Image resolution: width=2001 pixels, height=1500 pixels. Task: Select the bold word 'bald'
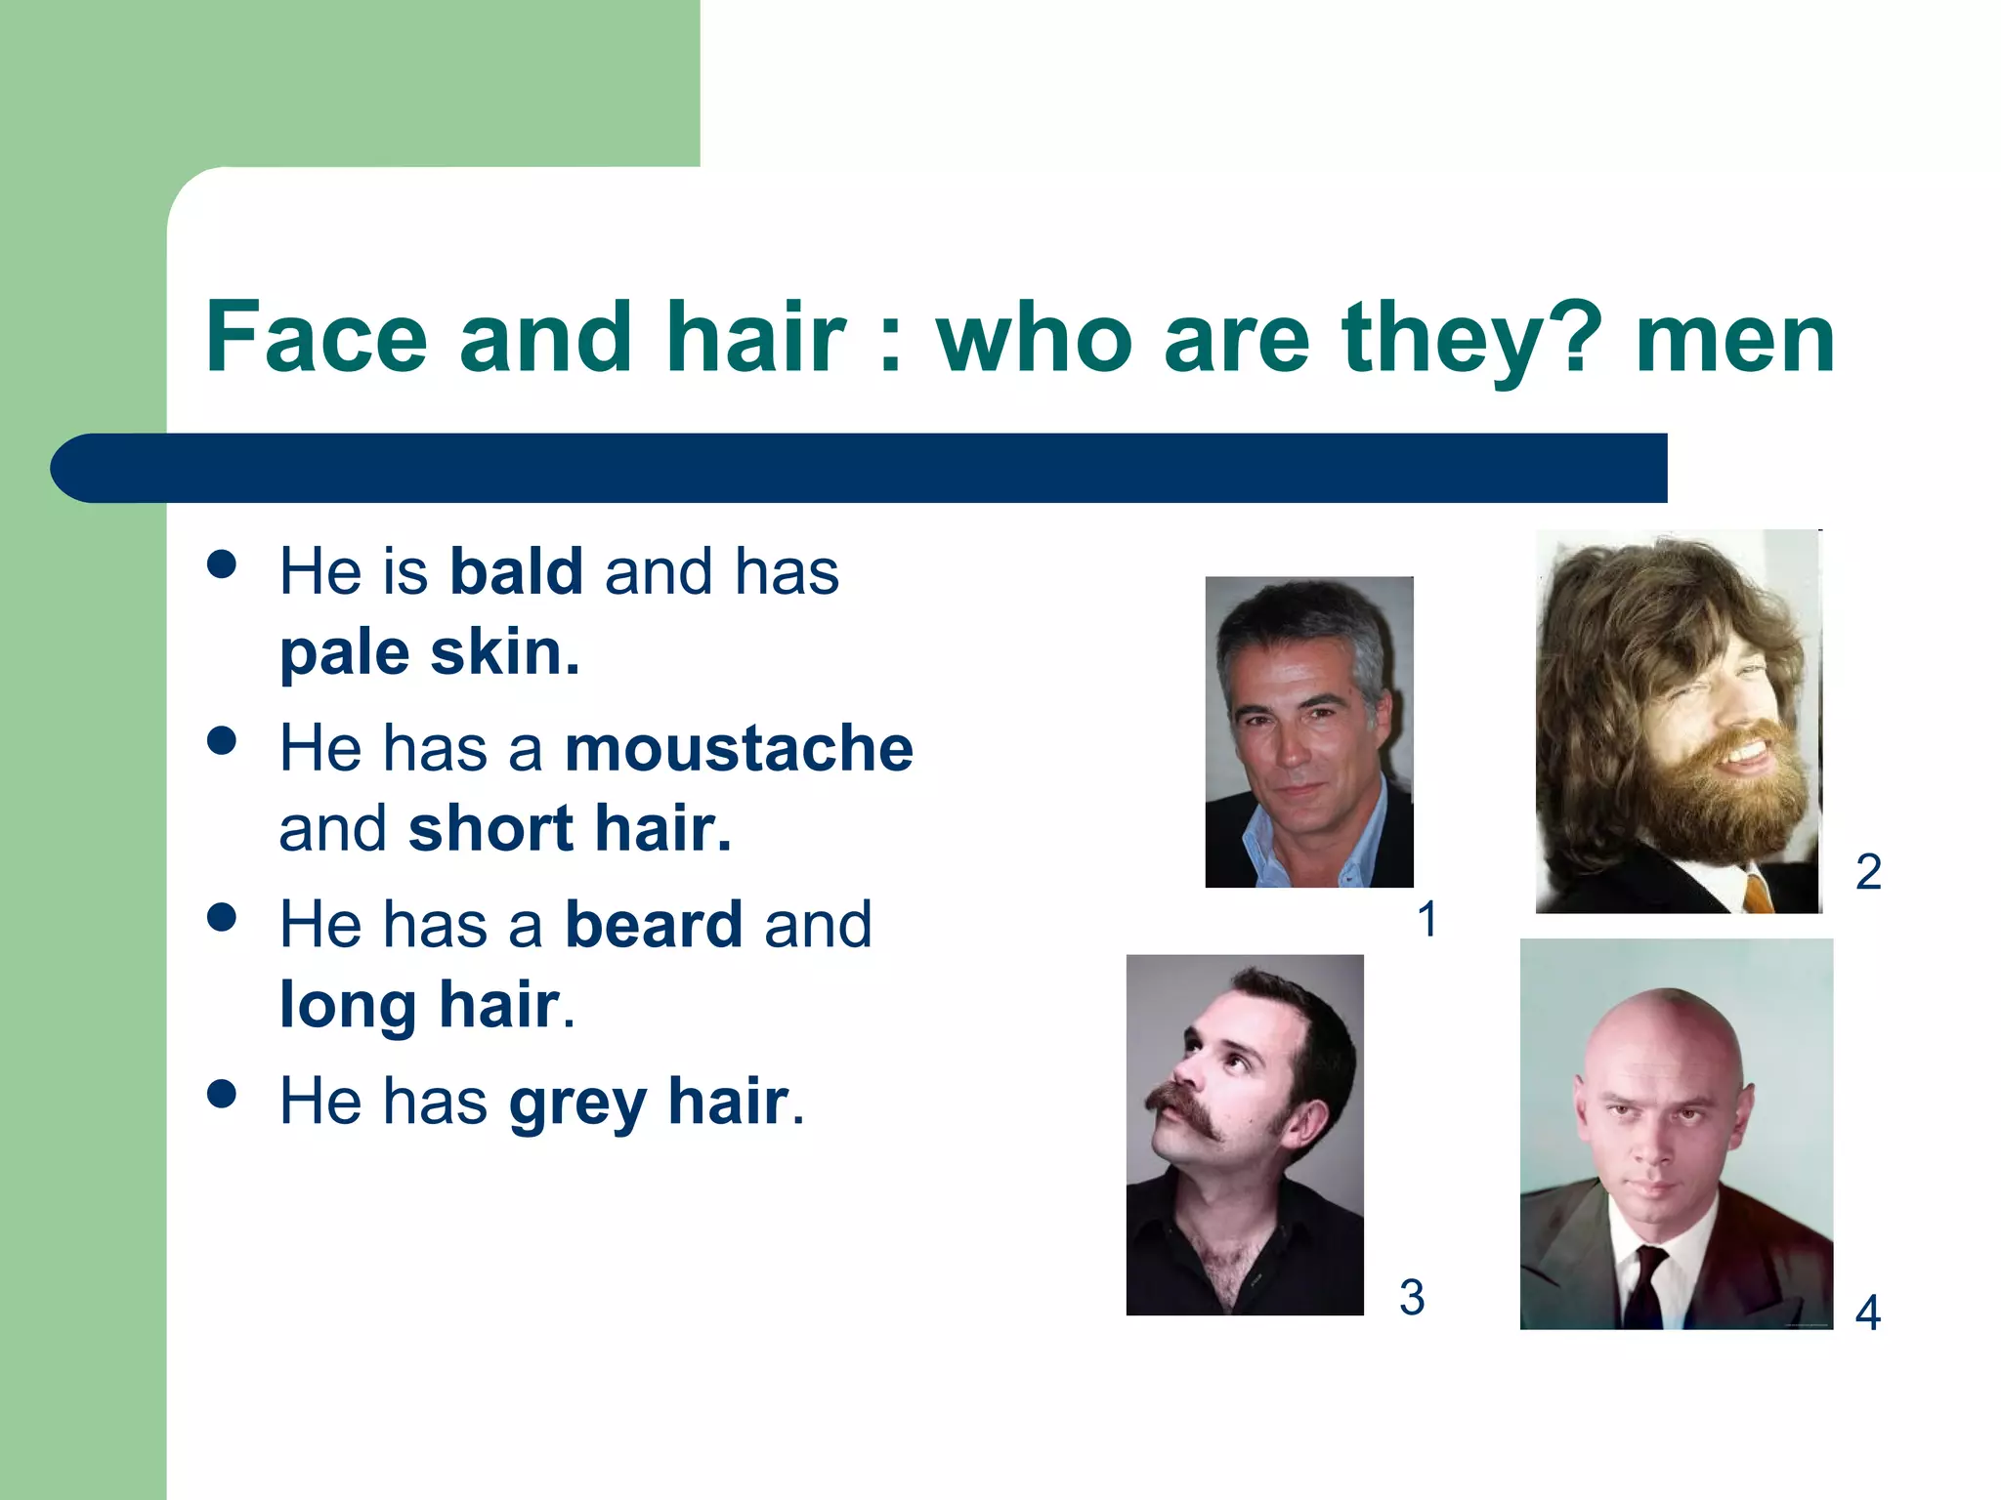click(x=516, y=571)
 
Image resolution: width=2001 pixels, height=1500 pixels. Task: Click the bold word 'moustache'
click(x=739, y=748)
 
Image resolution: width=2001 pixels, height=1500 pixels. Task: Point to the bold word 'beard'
click(x=654, y=925)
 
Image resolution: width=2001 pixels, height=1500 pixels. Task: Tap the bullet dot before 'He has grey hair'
click(x=223, y=1094)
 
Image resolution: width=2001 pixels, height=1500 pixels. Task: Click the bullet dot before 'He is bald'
click(x=223, y=563)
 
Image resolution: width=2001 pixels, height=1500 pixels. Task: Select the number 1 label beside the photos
click(x=1427, y=920)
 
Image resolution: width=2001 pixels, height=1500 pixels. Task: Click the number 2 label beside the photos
click(x=1868, y=872)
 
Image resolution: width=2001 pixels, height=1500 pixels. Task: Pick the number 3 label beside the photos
click(x=1412, y=1298)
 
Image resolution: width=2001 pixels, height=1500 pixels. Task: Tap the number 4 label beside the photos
click(x=1868, y=1313)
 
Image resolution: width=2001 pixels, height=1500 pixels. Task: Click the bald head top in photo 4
click(x=1661, y=1021)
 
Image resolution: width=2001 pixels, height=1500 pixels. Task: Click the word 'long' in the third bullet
click(x=348, y=1005)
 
